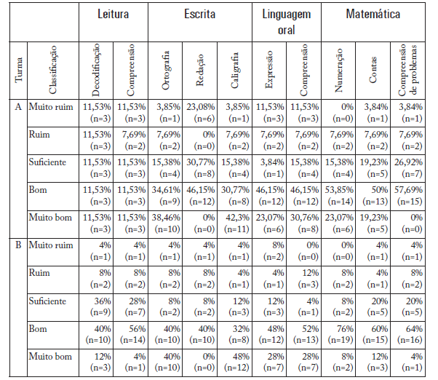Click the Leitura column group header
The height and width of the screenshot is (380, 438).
tap(113, 14)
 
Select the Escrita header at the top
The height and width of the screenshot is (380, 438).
tap(199, 14)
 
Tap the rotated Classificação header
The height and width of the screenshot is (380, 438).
tap(52, 70)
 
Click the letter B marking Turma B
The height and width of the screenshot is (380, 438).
tap(18, 245)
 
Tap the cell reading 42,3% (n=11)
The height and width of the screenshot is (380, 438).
tap(234, 222)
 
